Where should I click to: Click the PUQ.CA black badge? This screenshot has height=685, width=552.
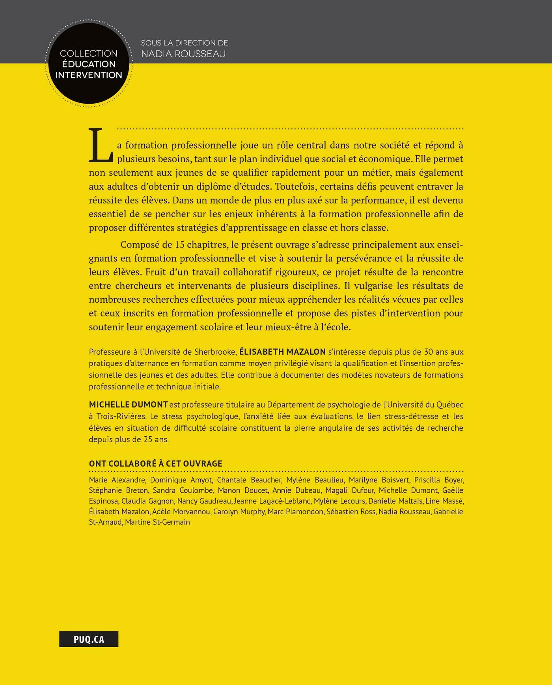(89, 639)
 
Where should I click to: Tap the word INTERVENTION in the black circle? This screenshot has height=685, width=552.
(89, 75)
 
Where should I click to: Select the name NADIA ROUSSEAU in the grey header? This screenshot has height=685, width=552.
(183, 54)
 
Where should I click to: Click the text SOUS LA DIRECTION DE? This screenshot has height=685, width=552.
(185, 43)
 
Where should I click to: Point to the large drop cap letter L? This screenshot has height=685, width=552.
(101, 146)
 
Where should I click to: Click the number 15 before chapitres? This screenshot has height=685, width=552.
(179, 245)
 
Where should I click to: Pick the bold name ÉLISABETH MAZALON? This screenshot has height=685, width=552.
(282, 352)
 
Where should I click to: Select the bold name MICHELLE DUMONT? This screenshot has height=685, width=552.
(129, 405)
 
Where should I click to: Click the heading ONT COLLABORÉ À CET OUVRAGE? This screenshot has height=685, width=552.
(156, 463)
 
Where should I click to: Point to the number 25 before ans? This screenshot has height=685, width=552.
(148, 439)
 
